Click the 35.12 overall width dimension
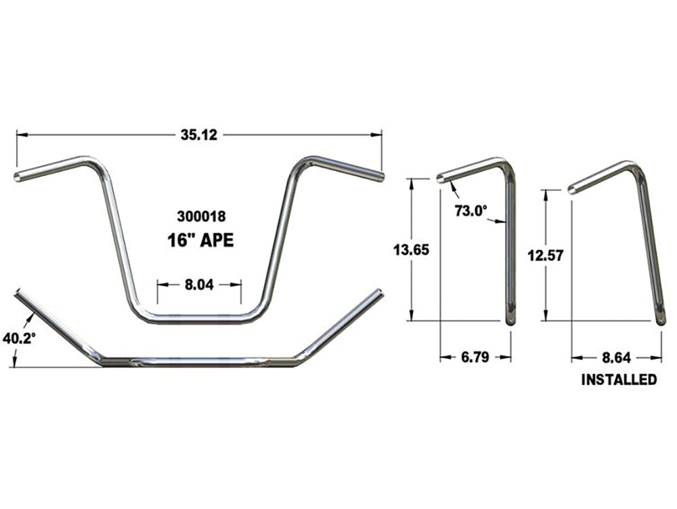(x=198, y=135)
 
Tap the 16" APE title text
(x=200, y=240)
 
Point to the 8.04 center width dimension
(x=199, y=286)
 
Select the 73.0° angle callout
(x=471, y=211)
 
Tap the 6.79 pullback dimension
(x=475, y=357)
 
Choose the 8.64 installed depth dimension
(x=615, y=357)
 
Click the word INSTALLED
(x=619, y=380)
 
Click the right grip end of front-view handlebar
(x=380, y=178)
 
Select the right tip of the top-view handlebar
(x=379, y=293)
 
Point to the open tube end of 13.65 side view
(x=441, y=179)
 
